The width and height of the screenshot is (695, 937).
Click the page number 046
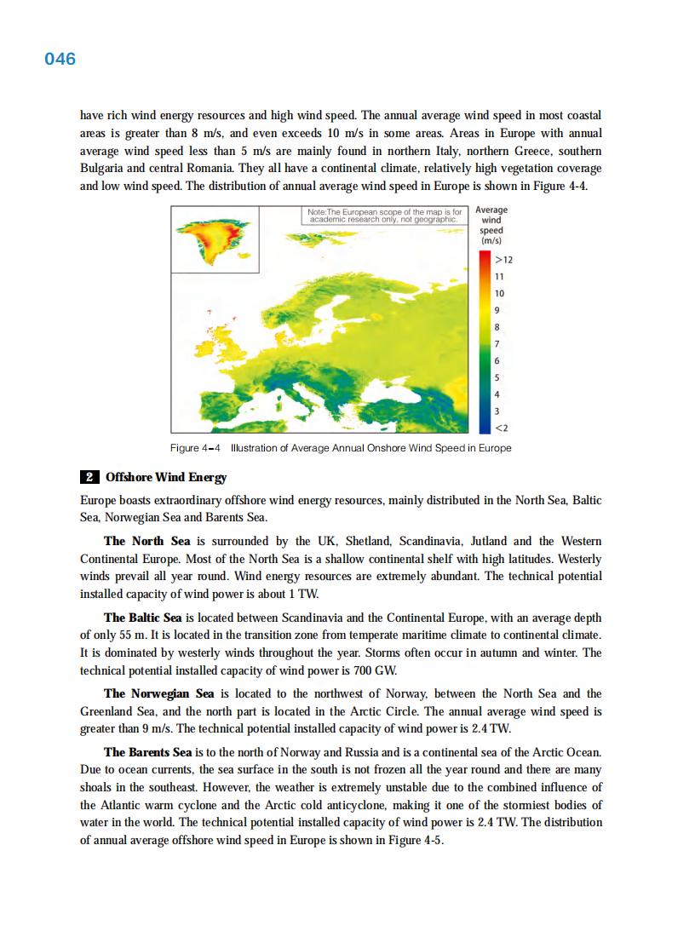60,59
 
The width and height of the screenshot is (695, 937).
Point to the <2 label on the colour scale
502,426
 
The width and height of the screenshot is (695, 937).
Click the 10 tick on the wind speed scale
501,292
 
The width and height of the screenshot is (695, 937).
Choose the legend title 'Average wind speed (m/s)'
491,226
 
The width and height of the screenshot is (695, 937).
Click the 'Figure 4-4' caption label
195,448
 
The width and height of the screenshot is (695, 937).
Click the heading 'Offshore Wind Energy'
166,477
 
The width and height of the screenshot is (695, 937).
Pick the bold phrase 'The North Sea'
148,542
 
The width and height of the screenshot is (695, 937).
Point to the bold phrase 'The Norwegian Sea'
158,693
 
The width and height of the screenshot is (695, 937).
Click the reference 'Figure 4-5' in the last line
415,840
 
